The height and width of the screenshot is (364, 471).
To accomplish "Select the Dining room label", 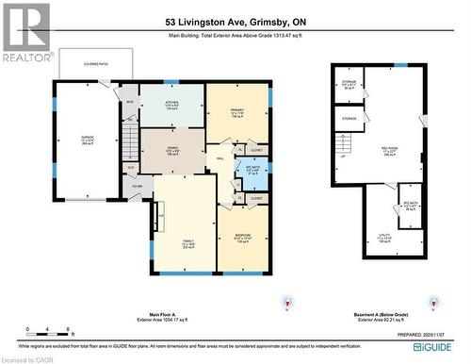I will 171,150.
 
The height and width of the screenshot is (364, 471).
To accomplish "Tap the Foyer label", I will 136,187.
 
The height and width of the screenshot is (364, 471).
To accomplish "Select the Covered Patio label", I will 87,66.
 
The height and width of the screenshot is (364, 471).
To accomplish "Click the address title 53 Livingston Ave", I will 235,22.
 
